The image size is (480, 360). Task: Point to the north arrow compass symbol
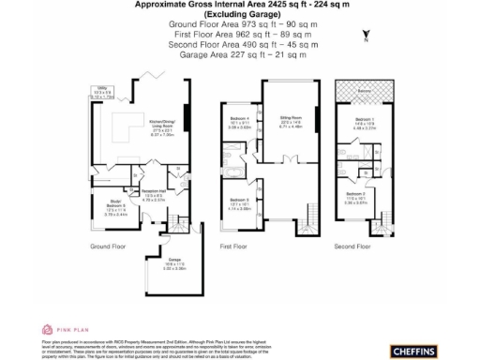(365, 37)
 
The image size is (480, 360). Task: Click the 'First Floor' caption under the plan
(238, 247)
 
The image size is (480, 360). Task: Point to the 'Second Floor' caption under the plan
(355, 247)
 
